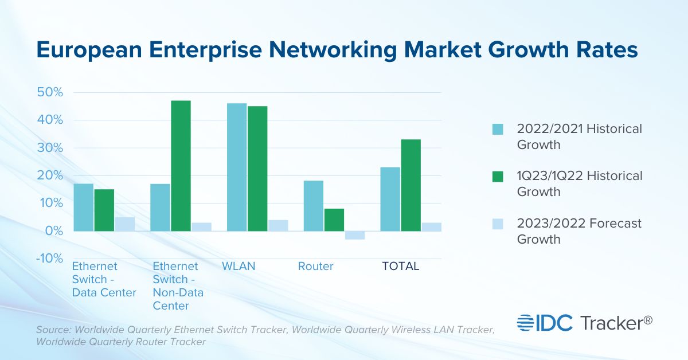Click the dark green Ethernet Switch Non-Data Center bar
(x=181, y=166)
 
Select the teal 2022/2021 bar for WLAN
(x=237, y=167)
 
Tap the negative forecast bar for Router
(x=355, y=235)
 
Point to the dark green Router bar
(x=334, y=220)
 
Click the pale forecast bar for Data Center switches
(x=125, y=224)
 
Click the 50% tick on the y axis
(x=50, y=92)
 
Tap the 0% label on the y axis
(x=53, y=231)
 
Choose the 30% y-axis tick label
(x=50, y=148)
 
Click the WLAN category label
(x=239, y=267)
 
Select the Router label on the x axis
(x=315, y=267)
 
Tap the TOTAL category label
(x=401, y=267)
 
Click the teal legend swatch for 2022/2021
(x=498, y=129)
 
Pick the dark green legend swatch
(x=498, y=176)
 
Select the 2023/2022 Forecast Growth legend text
(x=579, y=231)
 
